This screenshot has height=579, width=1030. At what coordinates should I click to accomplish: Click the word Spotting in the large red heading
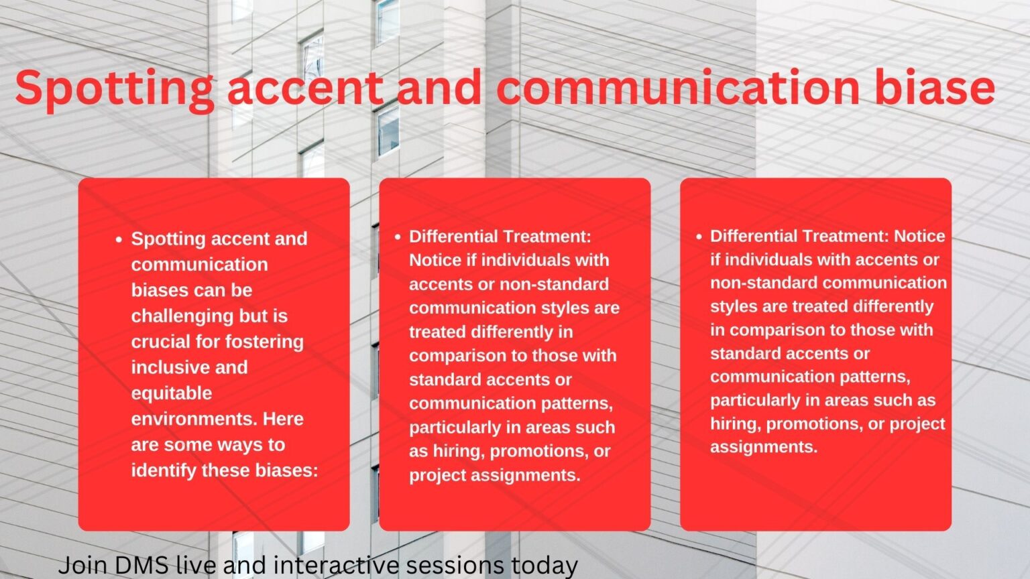point(114,88)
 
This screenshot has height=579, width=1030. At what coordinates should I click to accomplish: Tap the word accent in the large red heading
point(305,88)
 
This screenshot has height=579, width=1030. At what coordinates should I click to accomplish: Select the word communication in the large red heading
point(678,88)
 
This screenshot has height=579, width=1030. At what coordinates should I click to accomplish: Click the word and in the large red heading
point(439,88)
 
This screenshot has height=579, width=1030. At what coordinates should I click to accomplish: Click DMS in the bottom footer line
point(137,565)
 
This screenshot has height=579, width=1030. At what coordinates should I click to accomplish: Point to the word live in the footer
point(195,565)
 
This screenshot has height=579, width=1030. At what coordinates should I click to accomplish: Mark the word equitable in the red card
point(171,393)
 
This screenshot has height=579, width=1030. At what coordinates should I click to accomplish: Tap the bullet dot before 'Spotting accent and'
point(119,239)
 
